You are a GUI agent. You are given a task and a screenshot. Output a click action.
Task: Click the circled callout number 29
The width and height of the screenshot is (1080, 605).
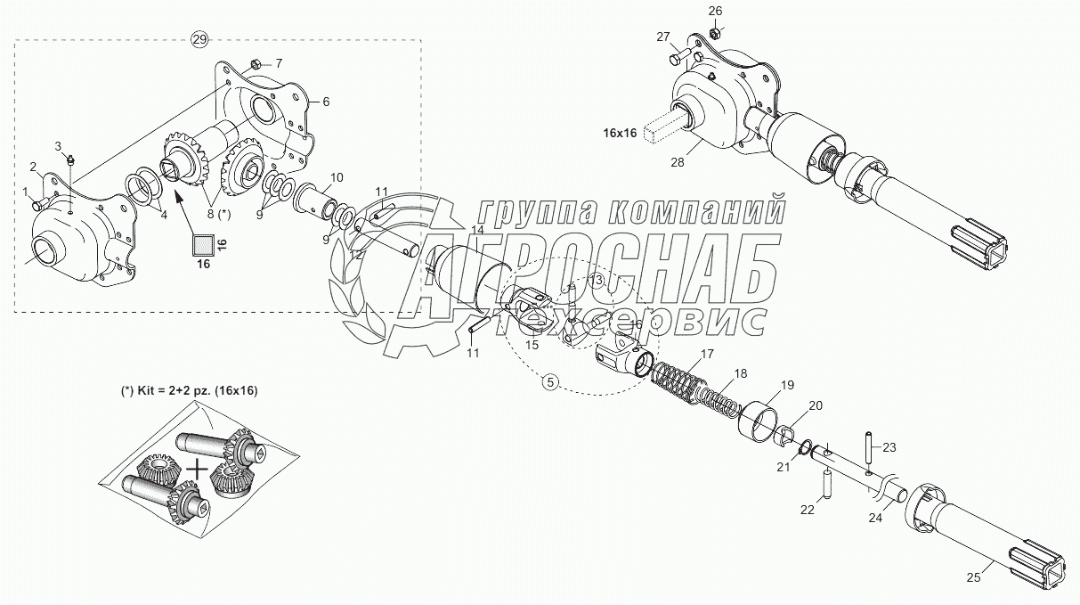click(199, 38)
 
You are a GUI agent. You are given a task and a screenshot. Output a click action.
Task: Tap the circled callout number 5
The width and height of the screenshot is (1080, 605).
click(550, 382)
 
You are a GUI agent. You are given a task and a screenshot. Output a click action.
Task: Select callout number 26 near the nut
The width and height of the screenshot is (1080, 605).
click(716, 12)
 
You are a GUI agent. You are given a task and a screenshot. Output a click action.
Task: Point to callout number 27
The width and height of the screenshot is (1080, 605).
click(663, 37)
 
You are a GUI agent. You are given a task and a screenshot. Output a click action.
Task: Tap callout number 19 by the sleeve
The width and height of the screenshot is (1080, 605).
click(788, 385)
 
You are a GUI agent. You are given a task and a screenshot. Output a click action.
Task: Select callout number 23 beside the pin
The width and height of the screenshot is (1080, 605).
click(889, 447)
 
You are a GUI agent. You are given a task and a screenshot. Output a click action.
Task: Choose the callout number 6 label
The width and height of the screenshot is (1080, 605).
click(326, 102)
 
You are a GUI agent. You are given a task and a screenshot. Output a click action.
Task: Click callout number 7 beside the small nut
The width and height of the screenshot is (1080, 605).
click(278, 63)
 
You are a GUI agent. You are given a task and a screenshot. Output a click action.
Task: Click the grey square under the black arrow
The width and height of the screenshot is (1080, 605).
click(203, 242)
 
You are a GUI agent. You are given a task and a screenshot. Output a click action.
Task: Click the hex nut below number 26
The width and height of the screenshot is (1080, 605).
click(714, 34)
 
